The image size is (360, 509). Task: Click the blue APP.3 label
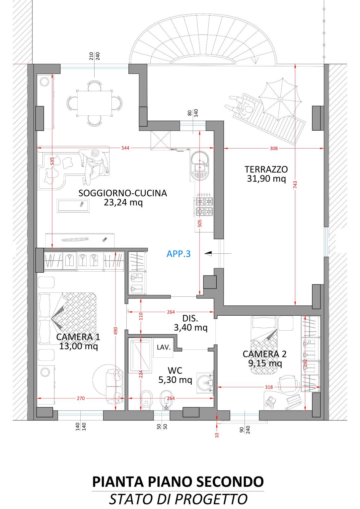(179, 254)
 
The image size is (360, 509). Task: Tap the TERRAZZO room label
(266, 169)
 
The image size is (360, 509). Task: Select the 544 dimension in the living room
(125, 148)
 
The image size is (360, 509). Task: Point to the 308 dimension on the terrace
(274, 148)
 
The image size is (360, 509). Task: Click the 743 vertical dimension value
(295, 184)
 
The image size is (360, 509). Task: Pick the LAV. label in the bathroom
(164, 347)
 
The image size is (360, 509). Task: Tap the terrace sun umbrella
(280, 99)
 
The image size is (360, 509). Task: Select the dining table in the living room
(94, 103)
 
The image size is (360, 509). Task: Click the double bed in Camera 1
(67, 318)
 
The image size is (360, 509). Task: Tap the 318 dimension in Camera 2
(269, 387)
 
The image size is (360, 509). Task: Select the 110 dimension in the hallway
(141, 316)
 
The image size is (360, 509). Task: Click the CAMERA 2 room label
(264, 354)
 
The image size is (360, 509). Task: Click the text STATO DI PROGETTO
(178, 499)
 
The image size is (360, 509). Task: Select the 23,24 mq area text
(123, 202)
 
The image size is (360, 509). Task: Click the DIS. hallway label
(190, 318)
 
